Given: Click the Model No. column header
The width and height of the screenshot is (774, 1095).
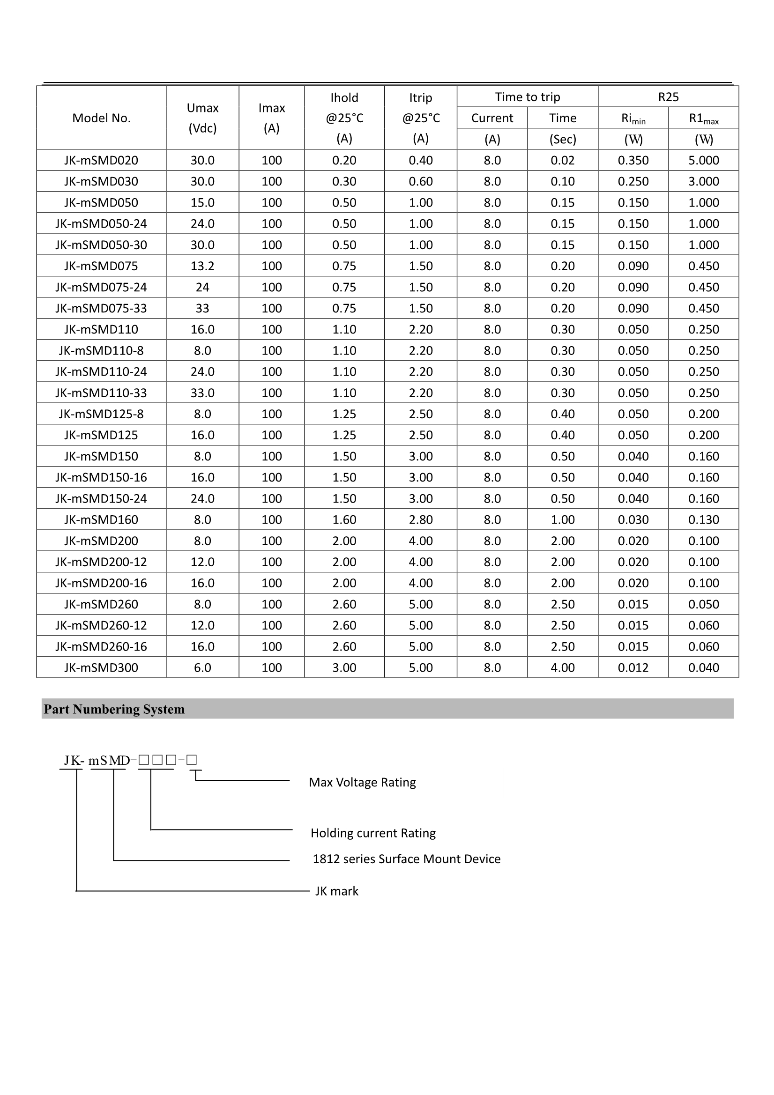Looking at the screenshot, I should (101, 118).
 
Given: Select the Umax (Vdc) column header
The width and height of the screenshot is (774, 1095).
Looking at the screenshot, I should (202, 118).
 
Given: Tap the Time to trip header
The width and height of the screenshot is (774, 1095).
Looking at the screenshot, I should (527, 97).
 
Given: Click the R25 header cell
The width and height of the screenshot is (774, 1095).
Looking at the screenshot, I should (668, 97).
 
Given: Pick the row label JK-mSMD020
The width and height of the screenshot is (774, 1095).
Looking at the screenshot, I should (101, 160).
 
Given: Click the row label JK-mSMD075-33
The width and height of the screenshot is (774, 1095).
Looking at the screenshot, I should (101, 308).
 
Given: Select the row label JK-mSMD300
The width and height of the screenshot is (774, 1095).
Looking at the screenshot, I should (101, 667).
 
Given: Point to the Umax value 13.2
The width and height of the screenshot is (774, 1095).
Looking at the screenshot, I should (202, 266).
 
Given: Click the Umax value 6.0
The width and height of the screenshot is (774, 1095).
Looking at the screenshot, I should (202, 667).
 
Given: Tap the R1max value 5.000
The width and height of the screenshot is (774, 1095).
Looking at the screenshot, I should (703, 160).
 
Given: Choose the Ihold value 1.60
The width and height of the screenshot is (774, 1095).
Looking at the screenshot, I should (344, 519).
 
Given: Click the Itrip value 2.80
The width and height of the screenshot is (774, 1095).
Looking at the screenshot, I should (420, 519).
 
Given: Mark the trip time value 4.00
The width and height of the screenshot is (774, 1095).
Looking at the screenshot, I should (563, 667).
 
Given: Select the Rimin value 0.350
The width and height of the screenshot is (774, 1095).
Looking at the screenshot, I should (633, 160).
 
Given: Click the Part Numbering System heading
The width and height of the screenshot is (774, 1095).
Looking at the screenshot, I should (114, 709).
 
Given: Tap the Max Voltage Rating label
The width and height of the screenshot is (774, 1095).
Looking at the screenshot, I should (362, 782).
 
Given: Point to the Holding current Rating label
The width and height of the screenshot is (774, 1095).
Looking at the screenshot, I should (373, 833).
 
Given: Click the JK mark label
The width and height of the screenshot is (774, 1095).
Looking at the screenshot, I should (336, 891).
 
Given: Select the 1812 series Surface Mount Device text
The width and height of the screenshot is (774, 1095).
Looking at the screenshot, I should (407, 859).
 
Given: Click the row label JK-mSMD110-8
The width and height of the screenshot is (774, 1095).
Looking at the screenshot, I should (101, 350).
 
